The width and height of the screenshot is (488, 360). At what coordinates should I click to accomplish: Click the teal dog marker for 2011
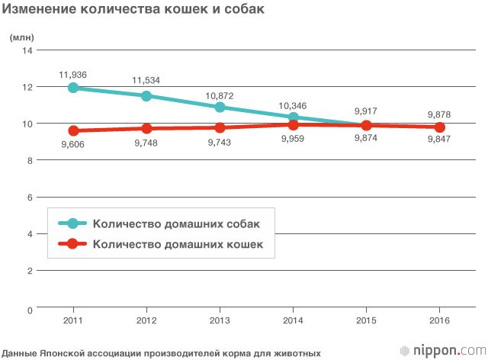(x=73, y=88)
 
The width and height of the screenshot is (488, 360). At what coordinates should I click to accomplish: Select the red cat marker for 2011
(x=73, y=130)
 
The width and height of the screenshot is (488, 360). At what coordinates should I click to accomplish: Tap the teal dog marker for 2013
(x=220, y=107)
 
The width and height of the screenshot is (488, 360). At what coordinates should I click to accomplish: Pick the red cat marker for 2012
(x=146, y=128)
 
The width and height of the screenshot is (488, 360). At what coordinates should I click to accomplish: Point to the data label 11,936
(x=72, y=74)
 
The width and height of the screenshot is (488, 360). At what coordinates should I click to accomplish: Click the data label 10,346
(x=294, y=104)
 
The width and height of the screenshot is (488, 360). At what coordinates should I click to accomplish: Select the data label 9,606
(x=74, y=144)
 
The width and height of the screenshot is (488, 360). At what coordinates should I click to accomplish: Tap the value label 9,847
(x=439, y=140)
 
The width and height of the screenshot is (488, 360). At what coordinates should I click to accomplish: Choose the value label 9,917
(x=366, y=111)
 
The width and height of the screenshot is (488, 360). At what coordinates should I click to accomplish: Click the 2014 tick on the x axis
(x=293, y=320)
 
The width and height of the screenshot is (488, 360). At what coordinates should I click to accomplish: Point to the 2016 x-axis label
(x=439, y=320)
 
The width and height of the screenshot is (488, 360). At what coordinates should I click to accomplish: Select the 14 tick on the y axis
(x=28, y=50)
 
